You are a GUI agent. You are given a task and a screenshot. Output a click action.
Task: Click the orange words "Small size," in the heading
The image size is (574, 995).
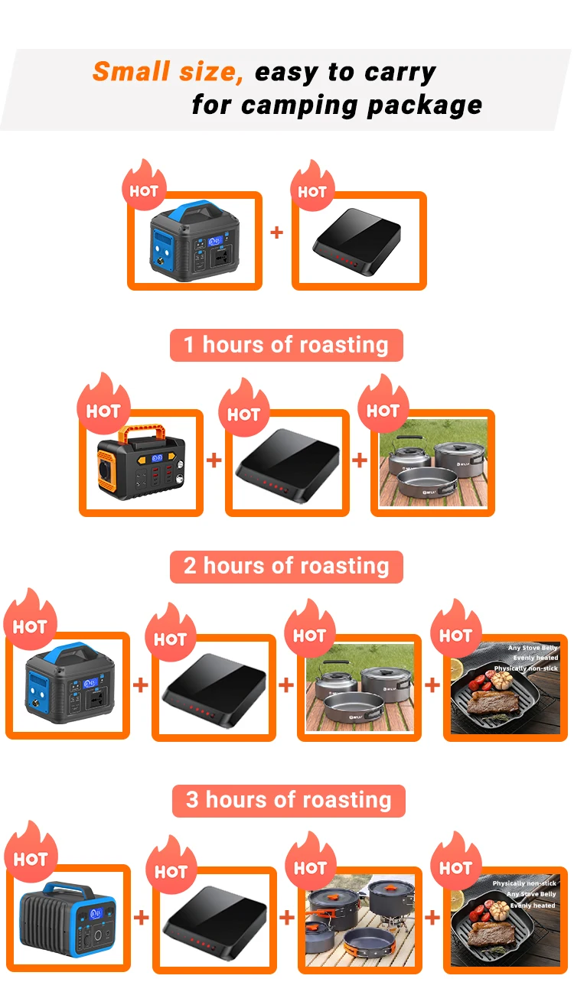pos(168,72)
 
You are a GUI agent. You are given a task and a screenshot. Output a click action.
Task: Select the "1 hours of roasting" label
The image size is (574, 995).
pos(286,345)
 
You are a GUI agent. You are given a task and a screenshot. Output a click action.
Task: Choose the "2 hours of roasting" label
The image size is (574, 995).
pos(286,567)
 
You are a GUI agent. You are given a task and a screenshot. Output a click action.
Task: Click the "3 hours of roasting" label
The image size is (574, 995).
pos(289,801)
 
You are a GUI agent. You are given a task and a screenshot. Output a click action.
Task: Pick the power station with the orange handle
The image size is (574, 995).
pos(142,463)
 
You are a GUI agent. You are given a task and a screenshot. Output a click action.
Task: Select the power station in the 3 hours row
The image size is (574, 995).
pos(68,918)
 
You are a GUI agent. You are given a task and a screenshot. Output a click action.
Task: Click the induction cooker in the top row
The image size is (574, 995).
pos(358,243)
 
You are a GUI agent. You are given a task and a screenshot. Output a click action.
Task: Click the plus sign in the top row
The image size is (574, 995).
pos(277,232)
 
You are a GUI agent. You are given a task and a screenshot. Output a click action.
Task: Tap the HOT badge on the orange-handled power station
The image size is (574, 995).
pos(103,410)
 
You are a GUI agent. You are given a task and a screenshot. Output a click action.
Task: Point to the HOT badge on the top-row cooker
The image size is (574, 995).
pos(311,191)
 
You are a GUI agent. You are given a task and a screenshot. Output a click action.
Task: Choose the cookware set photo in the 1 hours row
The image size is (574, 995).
pos(432,463)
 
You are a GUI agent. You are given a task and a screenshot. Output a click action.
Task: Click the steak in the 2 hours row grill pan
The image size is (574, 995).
pos(494,704)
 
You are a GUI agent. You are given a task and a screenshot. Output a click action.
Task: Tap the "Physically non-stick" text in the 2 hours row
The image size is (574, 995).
pos(526,668)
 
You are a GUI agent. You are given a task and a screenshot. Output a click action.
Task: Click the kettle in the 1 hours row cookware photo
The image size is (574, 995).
pos(404,455)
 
